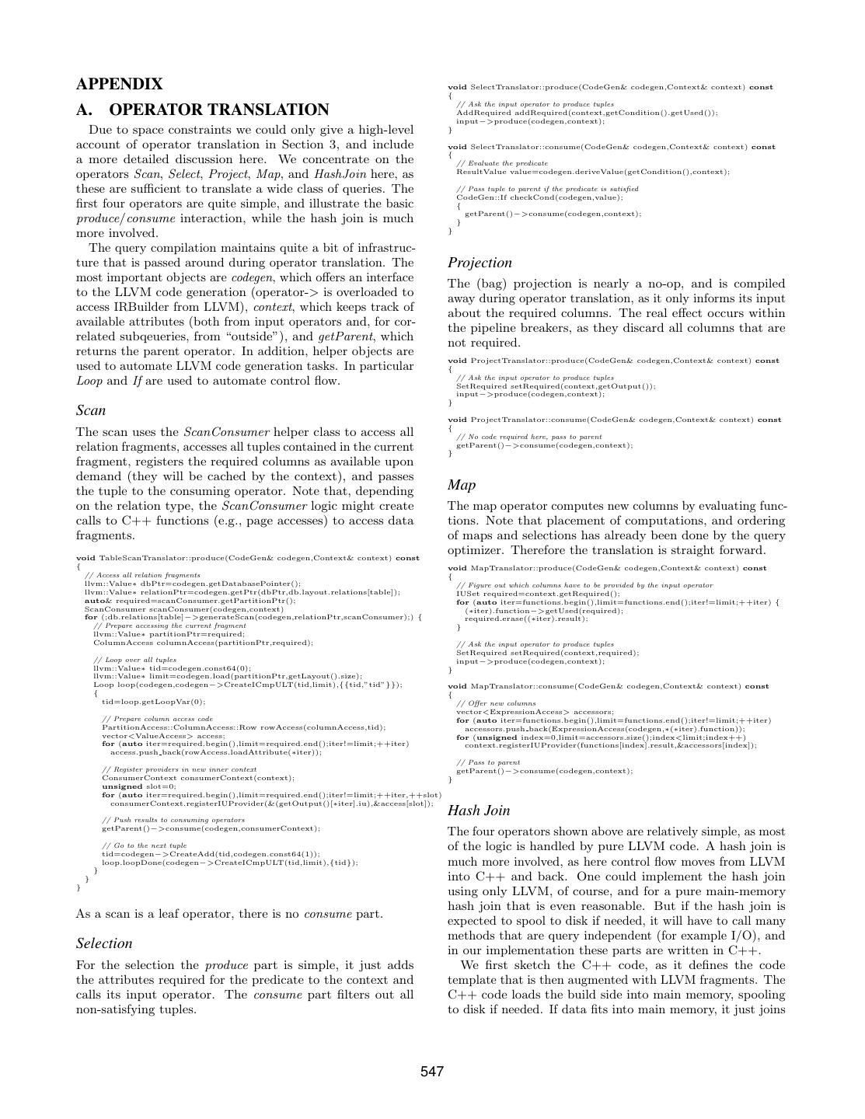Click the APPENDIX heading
(120, 84)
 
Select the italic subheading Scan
(91, 410)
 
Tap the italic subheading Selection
(104, 943)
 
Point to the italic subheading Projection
(480, 263)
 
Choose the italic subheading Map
(462, 485)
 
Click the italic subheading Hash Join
(479, 810)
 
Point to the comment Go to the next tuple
(145, 845)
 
